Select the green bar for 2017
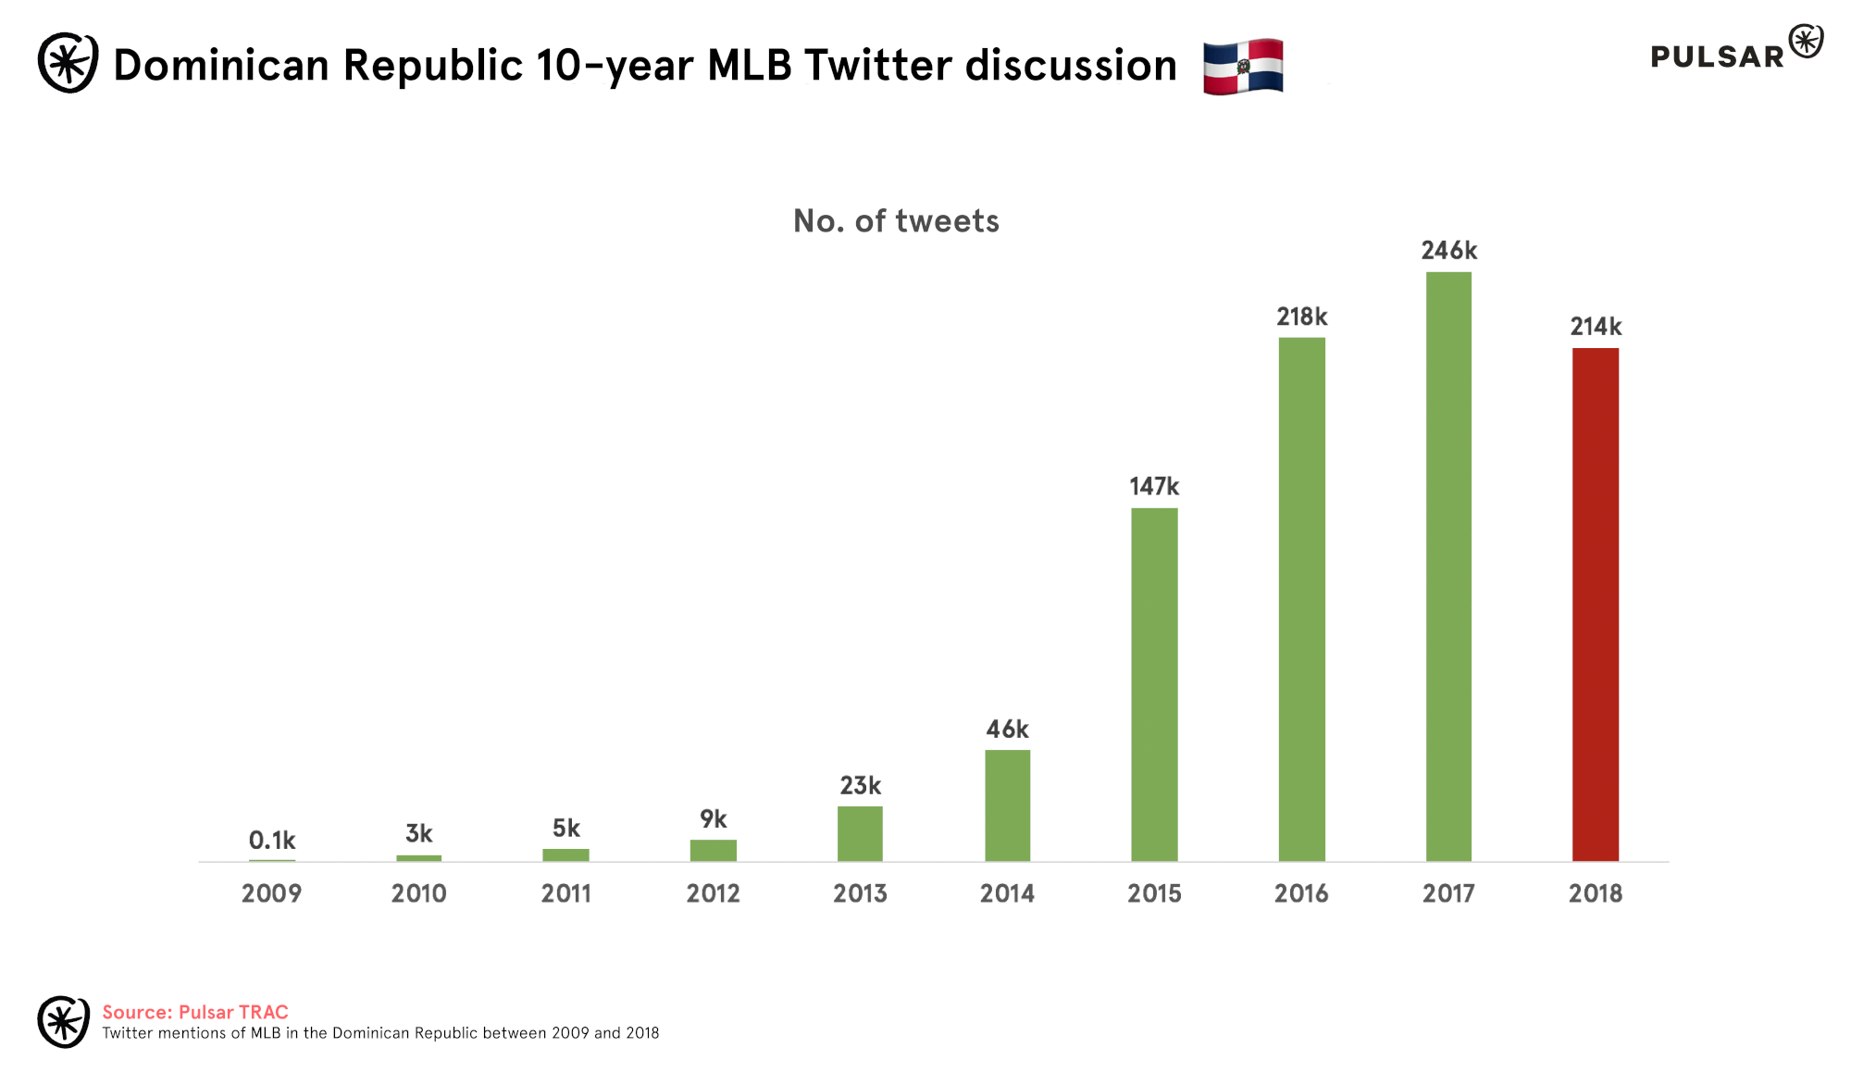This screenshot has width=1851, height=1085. click(1448, 567)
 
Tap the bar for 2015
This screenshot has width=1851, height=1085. click(1154, 684)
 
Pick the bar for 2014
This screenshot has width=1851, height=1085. click(1007, 805)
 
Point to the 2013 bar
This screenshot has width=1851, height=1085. click(860, 833)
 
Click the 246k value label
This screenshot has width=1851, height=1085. click(1448, 251)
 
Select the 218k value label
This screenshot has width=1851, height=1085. click(1301, 318)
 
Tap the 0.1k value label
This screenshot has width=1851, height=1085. click(271, 841)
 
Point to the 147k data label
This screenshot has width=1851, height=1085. click(1154, 487)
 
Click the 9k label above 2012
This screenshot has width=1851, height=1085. click(713, 819)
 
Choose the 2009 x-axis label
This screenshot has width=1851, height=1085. click(271, 893)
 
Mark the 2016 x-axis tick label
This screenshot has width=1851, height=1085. click(1301, 893)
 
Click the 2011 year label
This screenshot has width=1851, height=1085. click(565, 893)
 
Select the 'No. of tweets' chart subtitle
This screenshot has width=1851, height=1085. click(896, 221)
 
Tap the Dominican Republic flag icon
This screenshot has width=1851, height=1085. click(1243, 67)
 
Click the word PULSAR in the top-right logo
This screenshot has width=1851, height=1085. click(1717, 56)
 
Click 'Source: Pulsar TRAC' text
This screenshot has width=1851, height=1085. click(195, 1012)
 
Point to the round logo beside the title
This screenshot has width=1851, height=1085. click(68, 63)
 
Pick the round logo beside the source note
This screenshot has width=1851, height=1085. click(63, 1022)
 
